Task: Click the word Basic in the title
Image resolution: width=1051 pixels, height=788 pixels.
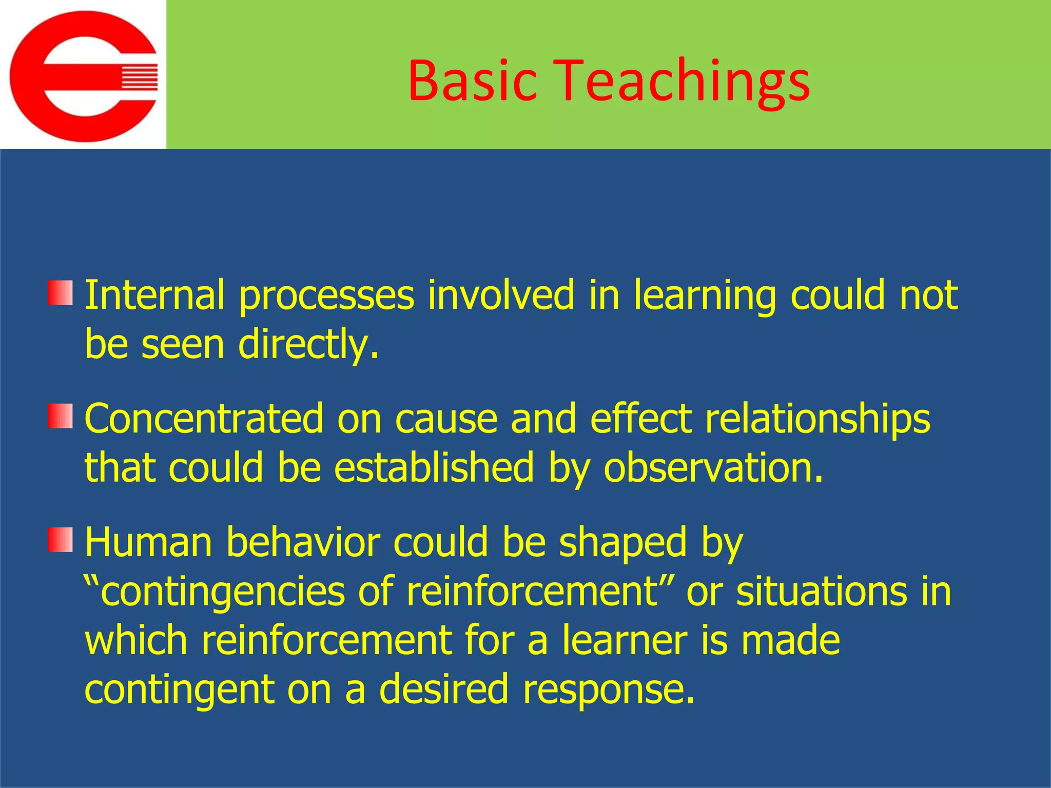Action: coord(472,81)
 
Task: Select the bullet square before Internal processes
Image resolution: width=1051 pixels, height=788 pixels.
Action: coord(61,292)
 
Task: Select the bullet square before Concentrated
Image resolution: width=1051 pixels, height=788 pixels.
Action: coord(61,416)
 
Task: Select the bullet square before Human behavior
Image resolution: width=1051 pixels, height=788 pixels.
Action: coord(61,540)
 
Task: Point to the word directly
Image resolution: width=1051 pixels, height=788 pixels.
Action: coord(308,345)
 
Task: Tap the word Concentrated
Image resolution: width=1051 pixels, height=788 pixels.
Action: coord(204,419)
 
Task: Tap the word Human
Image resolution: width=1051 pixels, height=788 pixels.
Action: coord(148,542)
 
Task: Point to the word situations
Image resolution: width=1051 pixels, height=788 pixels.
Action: coord(821,591)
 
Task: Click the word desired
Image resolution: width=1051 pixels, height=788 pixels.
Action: coord(443,689)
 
